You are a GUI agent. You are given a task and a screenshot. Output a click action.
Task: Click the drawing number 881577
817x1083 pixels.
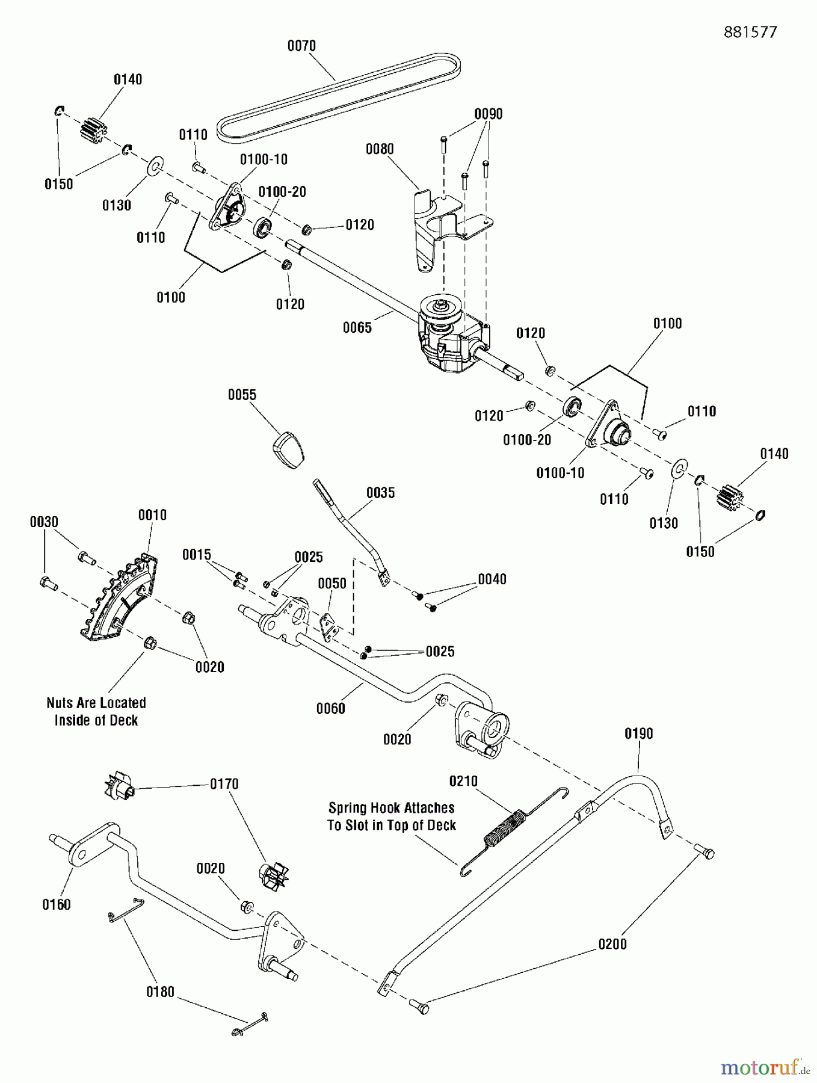pyautogui.click(x=750, y=32)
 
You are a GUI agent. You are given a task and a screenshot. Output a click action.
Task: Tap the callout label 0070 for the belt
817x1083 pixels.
pyautogui.click(x=301, y=46)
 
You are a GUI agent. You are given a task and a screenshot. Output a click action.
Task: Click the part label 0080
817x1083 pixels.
pyautogui.click(x=380, y=149)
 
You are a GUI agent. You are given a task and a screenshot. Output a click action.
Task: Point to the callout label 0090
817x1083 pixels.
pyautogui.click(x=488, y=114)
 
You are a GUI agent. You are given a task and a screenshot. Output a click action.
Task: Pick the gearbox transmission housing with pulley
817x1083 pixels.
pyautogui.click(x=451, y=337)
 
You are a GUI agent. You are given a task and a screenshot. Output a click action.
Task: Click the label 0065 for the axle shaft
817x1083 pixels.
pyautogui.click(x=357, y=327)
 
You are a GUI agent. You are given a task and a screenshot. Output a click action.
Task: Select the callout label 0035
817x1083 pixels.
pyautogui.click(x=381, y=493)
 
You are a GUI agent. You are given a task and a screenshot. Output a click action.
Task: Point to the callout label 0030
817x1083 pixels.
pyautogui.click(x=44, y=522)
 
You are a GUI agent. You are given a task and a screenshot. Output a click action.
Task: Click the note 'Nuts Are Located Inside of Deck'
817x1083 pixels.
pyautogui.click(x=96, y=711)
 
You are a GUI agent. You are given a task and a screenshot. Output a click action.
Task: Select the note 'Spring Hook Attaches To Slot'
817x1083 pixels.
pyautogui.click(x=391, y=816)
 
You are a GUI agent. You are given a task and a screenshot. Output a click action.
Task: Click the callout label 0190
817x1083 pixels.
pyautogui.click(x=638, y=733)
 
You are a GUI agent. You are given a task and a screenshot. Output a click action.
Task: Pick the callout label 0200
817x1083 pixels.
pyautogui.click(x=612, y=944)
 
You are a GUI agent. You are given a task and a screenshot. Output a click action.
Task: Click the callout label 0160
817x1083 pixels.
pyautogui.click(x=56, y=904)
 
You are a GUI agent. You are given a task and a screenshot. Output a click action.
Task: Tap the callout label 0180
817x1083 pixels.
pyautogui.click(x=160, y=992)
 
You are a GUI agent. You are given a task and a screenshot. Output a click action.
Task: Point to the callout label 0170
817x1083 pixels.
pyautogui.click(x=224, y=784)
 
